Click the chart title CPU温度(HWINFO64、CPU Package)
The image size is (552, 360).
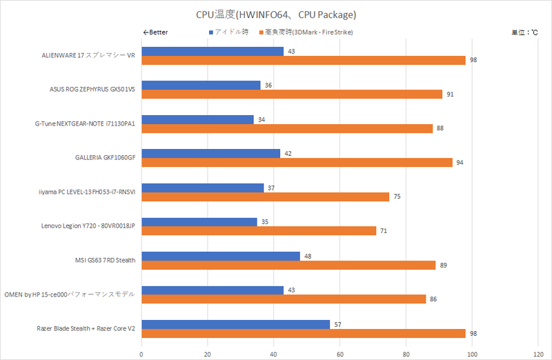[x=276, y=14]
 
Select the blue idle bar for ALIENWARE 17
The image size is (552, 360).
[x=213, y=51]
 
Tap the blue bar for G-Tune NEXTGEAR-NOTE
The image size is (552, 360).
[x=197, y=119]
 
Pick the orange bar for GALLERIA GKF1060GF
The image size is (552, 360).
[x=297, y=162]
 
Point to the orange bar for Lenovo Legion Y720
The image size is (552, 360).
[x=259, y=230]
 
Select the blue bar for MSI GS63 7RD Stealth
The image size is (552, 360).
[x=221, y=256]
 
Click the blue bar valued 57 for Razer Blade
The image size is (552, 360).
[x=235, y=324]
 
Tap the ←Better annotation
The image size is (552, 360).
[x=155, y=32]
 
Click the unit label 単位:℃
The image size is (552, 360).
[x=524, y=32]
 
